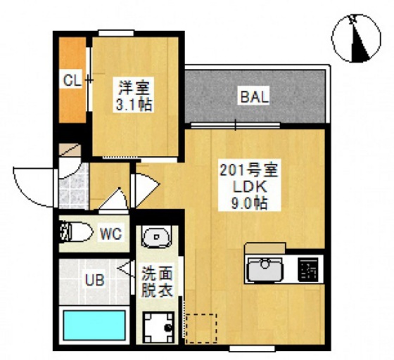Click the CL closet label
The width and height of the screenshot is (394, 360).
point(72,79)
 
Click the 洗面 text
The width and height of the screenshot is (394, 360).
point(155,273)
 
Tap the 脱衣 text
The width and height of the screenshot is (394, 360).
point(155,288)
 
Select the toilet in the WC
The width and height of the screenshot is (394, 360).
point(75,231)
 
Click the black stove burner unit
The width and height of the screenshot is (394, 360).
point(308,269)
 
